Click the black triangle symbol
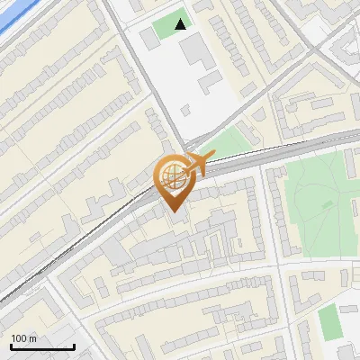[182, 24]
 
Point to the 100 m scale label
[22, 338]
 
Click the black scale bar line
[41, 346]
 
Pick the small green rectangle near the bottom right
[330, 322]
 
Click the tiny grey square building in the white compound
[186, 111]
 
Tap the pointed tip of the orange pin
[173, 211]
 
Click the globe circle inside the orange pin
[173, 177]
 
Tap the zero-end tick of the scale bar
[10, 346]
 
